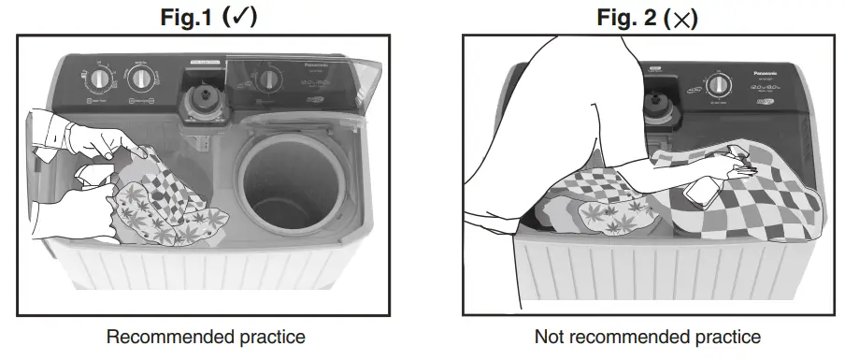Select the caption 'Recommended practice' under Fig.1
pyautogui.click(x=206, y=337)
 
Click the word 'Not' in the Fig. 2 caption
pyautogui.click(x=549, y=337)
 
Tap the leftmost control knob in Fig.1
pyautogui.click(x=97, y=78)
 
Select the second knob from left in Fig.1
pyautogui.click(x=142, y=76)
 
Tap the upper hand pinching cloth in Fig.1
pyautogui.click(x=93, y=140)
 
